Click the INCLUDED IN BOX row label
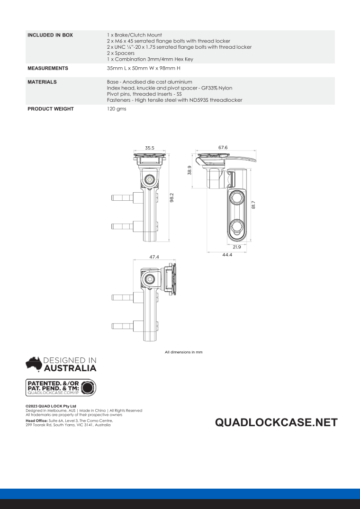coord(50,35)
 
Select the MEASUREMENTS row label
coord(48,68)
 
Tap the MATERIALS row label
coord(42,82)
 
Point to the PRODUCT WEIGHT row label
coord(51,109)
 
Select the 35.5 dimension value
coord(150,148)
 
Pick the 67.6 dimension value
coord(223,147)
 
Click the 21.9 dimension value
coord(237,247)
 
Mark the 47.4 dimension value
coord(153,257)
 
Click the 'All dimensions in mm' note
coord(183,351)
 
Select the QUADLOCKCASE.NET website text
coord(276,422)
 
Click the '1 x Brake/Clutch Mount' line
coord(135,35)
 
